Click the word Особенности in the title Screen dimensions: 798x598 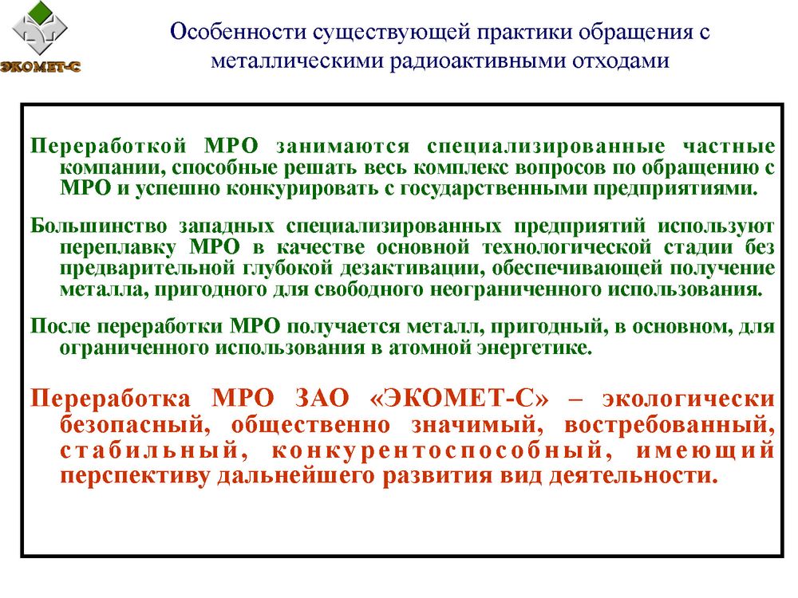tap(238, 32)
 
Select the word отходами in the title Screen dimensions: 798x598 tap(621, 61)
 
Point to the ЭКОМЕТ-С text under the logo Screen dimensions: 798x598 tap(40, 67)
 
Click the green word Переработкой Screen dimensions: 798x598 tap(109, 147)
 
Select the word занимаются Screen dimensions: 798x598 tap(342, 147)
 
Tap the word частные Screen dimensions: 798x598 tap(729, 147)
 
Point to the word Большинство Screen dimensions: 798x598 tap(98, 226)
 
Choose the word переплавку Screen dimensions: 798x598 tap(118, 248)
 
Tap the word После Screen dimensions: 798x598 tap(61, 326)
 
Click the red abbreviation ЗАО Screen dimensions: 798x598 tap(322, 398)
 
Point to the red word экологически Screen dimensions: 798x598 tap(689, 399)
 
